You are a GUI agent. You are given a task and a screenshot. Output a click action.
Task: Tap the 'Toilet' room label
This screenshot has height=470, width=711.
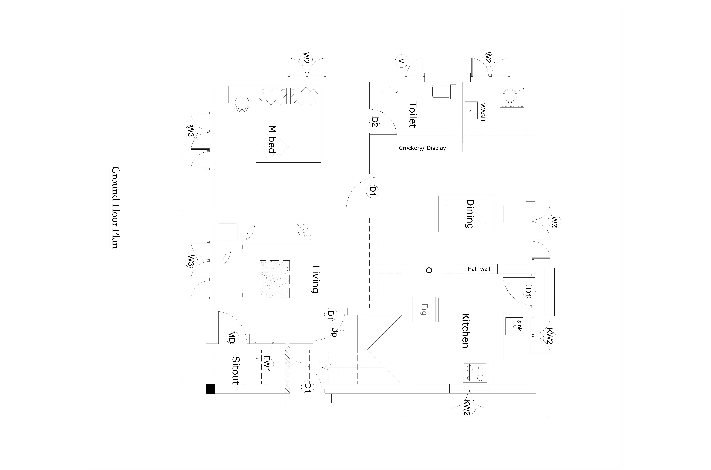413,115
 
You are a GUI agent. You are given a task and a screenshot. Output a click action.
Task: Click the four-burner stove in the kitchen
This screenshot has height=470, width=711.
475,373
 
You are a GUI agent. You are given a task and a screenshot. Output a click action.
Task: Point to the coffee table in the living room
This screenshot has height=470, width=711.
275,279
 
